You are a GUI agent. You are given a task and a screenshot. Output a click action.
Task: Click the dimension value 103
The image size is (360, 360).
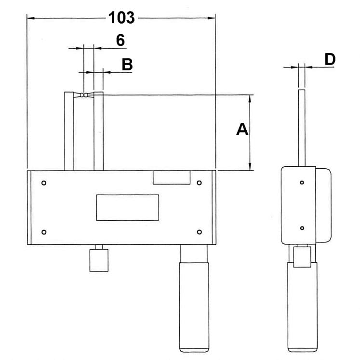click(121, 18)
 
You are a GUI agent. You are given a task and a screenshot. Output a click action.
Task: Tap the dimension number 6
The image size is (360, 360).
click(120, 40)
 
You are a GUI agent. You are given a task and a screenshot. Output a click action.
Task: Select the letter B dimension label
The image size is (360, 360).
click(127, 65)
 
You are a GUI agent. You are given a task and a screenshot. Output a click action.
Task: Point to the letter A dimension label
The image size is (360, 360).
click(242, 129)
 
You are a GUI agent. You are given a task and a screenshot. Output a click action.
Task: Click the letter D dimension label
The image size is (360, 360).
click(330, 59)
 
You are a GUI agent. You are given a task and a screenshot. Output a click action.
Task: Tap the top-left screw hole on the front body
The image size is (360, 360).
click(44, 183)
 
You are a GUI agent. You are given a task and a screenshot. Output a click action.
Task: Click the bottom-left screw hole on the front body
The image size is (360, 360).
click(44, 232)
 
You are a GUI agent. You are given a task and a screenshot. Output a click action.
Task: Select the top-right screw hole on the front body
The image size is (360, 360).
click(200, 183)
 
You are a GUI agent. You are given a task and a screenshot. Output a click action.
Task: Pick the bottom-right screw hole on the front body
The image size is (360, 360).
click(200, 232)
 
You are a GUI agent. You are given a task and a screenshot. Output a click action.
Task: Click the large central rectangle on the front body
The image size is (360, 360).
click(128, 208)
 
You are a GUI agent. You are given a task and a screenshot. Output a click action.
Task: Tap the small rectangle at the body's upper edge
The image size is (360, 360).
click(172, 177)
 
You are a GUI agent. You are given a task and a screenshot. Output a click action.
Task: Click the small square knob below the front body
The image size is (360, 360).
click(99, 261)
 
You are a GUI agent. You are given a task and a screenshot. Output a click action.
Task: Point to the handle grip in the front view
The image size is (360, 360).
click(194, 307)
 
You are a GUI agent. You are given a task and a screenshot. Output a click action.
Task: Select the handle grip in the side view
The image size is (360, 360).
click(303, 307)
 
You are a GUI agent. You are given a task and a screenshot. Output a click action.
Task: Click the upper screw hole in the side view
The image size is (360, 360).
click(302, 183)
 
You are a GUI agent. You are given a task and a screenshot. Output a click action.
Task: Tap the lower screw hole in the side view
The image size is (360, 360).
click(302, 228)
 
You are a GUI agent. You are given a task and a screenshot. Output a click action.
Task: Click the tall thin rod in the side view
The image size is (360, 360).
click(302, 128)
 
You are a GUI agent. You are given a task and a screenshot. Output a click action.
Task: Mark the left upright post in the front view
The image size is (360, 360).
click(69, 132)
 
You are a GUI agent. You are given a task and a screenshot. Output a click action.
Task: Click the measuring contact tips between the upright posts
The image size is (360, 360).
click(84, 95)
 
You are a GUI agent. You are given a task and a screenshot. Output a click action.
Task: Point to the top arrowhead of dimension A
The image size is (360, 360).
click(250, 99)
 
